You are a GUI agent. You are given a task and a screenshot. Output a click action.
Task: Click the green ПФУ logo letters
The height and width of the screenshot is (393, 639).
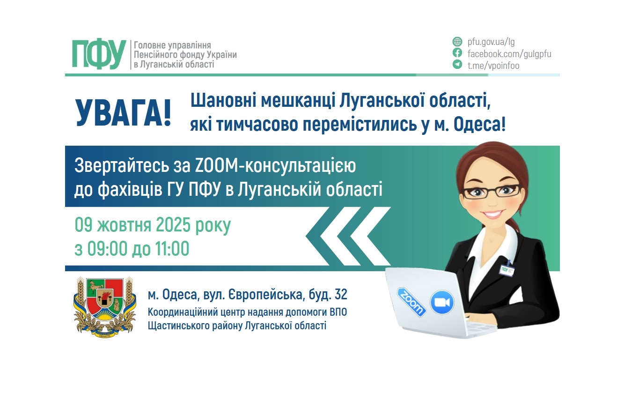[99, 54]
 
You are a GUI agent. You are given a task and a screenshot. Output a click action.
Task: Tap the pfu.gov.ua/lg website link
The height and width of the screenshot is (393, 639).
[491, 42]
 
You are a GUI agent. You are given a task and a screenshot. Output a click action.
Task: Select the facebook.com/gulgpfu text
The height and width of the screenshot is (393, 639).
[509, 53]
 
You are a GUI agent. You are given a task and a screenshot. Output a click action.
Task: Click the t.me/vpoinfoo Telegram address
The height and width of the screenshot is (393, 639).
[493, 66]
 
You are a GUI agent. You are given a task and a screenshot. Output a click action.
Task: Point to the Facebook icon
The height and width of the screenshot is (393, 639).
[457, 53]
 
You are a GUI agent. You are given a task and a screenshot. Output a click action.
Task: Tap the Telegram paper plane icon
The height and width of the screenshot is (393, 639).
[457, 65]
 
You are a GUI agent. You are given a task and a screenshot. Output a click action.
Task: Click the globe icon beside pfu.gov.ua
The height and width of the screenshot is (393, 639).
[457, 41]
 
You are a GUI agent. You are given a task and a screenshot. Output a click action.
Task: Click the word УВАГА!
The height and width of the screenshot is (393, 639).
[123, 113]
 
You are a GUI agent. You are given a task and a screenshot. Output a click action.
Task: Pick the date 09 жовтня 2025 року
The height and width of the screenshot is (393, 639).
[153, 225]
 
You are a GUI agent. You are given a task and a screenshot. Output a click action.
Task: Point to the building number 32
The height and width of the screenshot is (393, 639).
[341, 295]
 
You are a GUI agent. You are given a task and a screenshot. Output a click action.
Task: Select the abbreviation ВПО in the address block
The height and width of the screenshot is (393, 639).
[337, 312]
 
